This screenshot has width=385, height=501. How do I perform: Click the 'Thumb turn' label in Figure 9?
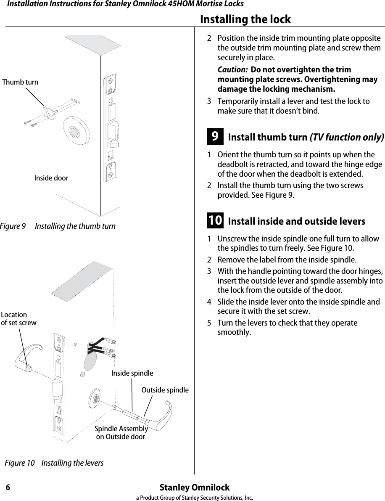20,82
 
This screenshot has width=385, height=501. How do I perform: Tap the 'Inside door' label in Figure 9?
51,178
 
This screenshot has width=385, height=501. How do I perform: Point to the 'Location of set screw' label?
18,319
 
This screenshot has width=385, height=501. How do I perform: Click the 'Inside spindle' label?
132,373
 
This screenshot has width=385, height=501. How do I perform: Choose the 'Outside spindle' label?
165,390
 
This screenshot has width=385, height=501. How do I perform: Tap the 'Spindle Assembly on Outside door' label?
121,433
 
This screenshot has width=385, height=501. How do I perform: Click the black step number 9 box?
215,137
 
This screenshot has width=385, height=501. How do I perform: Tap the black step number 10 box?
215,221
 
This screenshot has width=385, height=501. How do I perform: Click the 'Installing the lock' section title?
245,19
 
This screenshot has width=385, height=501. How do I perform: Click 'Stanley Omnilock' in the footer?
195,488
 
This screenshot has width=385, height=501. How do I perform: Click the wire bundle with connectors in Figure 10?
101,347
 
